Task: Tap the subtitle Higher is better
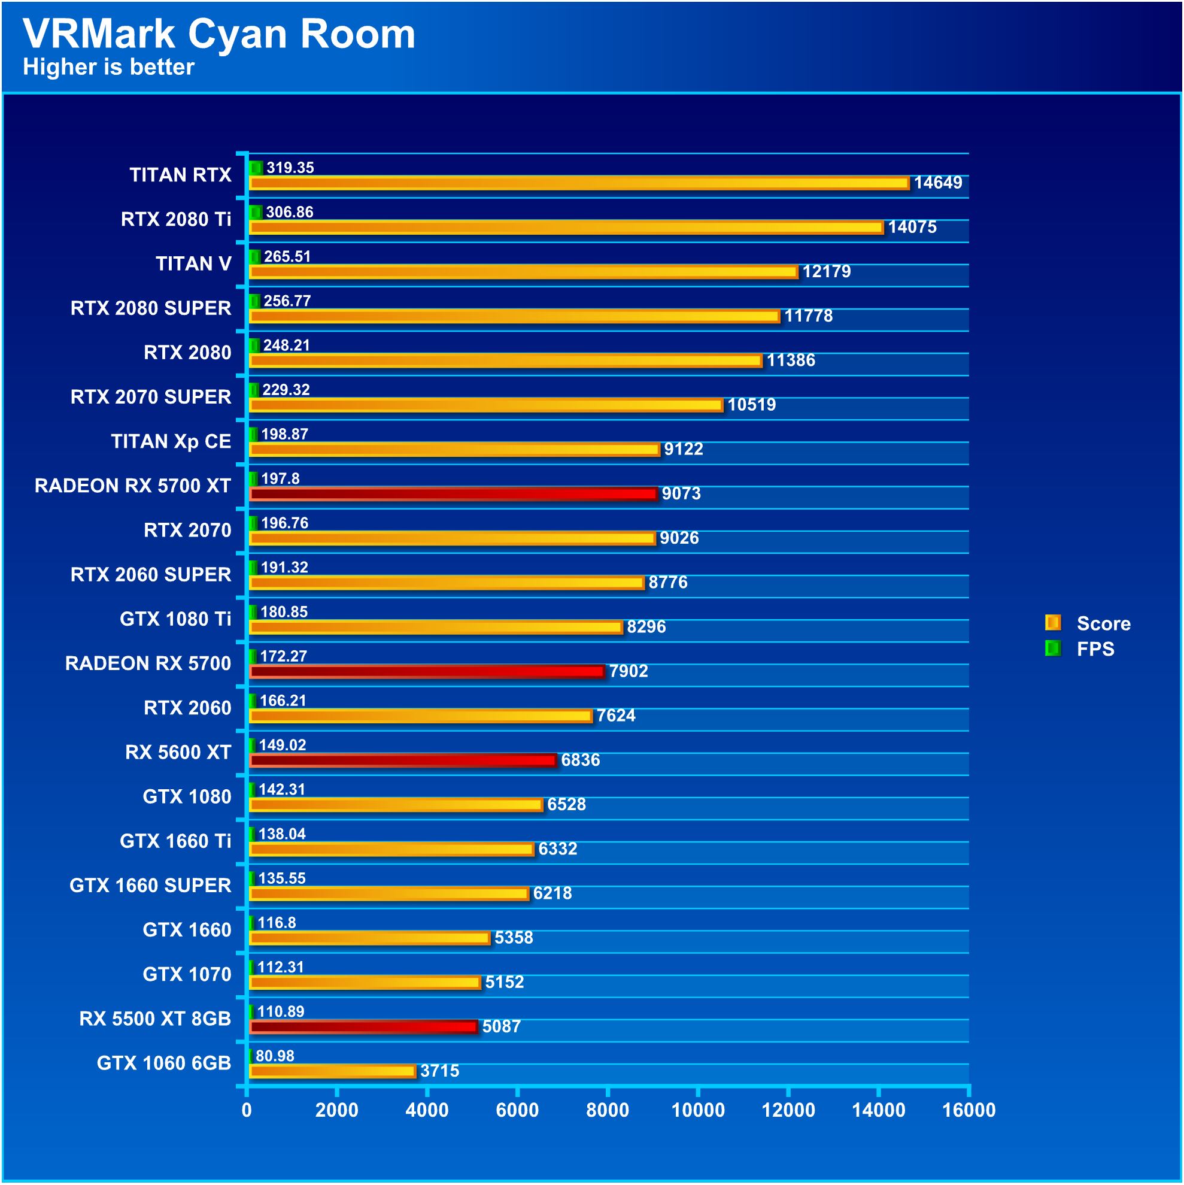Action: [x=108, y=67]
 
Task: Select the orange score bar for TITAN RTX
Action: [x=579, y=183]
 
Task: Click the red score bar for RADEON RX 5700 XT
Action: [x=453, y=494]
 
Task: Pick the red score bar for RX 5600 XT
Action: [x=403, y=760]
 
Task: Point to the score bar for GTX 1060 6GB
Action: [x=332, y=1071]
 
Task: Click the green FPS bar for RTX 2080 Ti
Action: [x=256, y=212]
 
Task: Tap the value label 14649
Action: [x=937, y=183]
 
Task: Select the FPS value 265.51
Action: [x=287, y=256]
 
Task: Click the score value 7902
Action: [x=628, y=671]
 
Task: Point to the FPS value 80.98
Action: [x=275, y=1056]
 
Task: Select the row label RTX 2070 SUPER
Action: [x=151, y=397]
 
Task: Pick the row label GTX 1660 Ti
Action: [x=175, y=841]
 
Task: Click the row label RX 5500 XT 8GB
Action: [x=155, y=1018]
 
